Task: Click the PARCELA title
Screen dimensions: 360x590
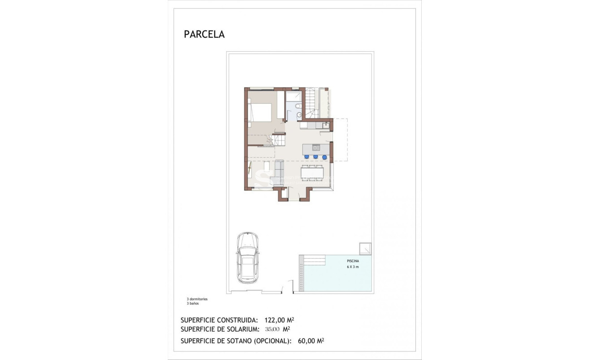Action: (x=204, y=35)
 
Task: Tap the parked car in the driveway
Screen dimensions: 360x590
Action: (x=247, y=258)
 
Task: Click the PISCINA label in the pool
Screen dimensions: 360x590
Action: (x=353, y=261)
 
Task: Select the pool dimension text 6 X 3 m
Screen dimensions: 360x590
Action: (x=353, y=267)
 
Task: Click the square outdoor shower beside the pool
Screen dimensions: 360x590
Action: (x=365, y=248)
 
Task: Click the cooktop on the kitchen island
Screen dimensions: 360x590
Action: (x=316, y=148)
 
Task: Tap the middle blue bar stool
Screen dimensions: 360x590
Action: (x=315, y=157)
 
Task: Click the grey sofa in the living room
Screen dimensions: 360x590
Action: (x=279, y=173)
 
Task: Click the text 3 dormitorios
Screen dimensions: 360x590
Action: (x=197, y=299)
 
